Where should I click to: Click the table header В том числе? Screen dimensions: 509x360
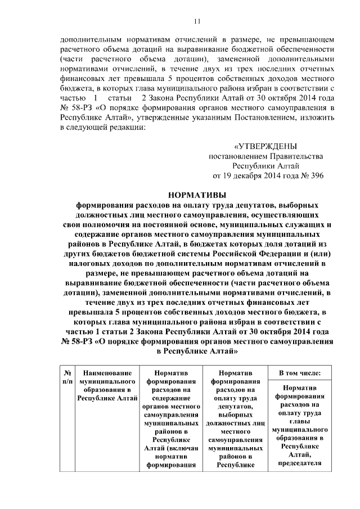[x=300, y=372]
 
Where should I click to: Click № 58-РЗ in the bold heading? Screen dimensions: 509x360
[x=79, y=341]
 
